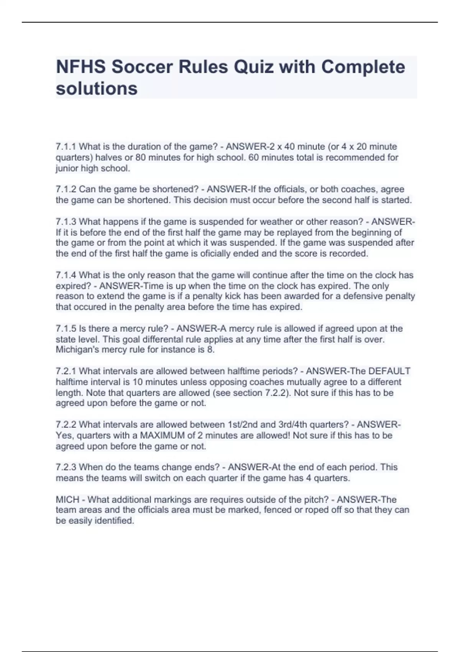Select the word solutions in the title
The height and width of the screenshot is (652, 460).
pyautogui.click(x=97, y=89)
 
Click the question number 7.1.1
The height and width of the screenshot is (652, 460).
pyautogui.click(x=66, y=147)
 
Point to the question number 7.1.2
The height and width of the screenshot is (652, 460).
pyautogui.click(x=66, y=189)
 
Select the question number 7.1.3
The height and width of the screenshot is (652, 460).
pyautogui.click(x=66, y=222)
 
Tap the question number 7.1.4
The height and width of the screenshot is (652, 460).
pyautogui.click(x=66, y=275)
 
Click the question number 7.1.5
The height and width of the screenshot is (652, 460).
pyautogui.click(x=66, y=328)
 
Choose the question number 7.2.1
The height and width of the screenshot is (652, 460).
pyautogui.click(x=66, y=371)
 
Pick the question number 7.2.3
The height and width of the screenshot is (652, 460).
pyautogui.click(x=66, y=467)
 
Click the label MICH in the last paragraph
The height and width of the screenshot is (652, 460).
pyautogui.click(x=67, y=499)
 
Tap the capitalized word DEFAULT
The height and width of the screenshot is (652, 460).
pyautogui.click(x=389, y=371)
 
